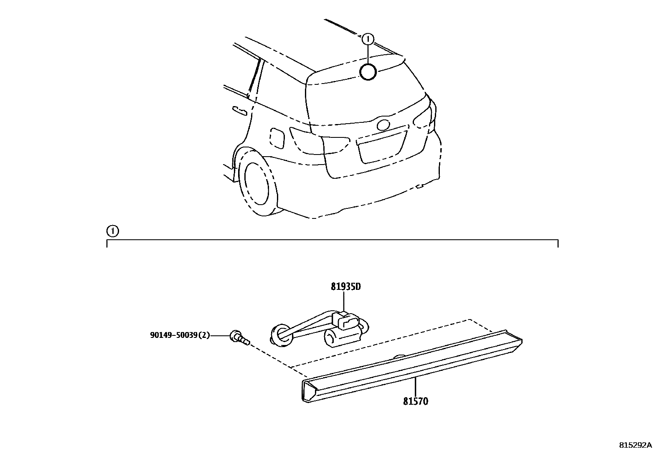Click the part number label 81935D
[345, 287]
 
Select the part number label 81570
[416, 402]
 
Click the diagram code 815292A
[635, 445]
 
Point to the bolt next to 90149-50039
[239, 337]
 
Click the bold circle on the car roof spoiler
[368, 72]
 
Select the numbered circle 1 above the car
[368, 39]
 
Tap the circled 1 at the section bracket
[112, 231]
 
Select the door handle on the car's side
[240, 110]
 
